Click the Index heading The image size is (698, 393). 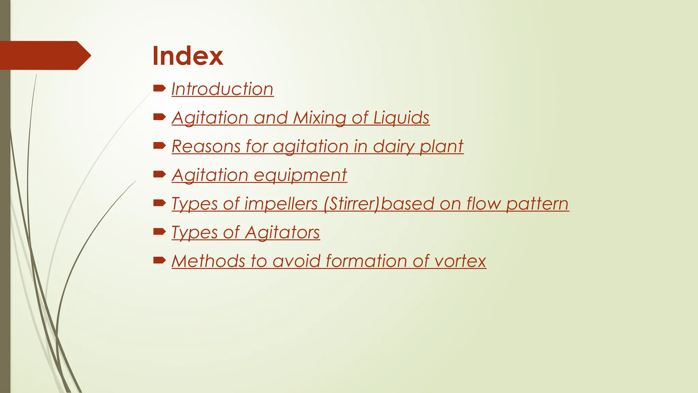point(188,56)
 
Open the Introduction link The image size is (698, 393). point(223,89)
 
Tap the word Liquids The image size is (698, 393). point(401,118)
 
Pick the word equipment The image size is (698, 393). point(300,175)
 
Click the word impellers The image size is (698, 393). point(281,204)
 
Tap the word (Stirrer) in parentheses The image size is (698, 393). point(351,204)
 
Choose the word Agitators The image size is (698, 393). point(282,233)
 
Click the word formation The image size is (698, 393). point(366,261)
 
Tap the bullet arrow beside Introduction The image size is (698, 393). point(159,89)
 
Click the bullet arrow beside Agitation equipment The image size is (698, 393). point(159,175)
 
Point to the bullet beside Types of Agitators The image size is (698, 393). point(159,232)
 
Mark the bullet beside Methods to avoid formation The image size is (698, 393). point(159,261)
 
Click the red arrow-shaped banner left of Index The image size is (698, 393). point(44,55)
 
